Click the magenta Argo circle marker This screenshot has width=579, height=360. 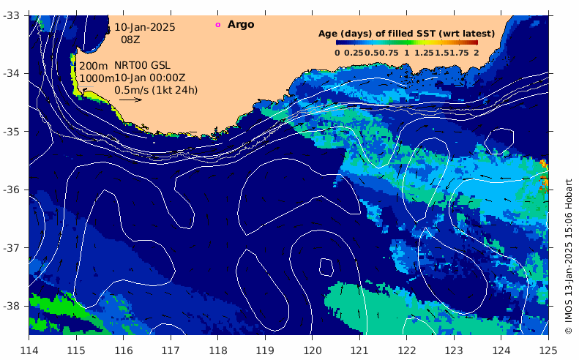click(217, 25)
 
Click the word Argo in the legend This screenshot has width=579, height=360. click(241, 25)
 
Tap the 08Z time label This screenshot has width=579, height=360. click(130, 40)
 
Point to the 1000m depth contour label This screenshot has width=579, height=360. click(96, 78)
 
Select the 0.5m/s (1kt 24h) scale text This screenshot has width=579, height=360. click(156, 90)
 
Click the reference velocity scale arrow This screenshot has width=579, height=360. click(130, 100)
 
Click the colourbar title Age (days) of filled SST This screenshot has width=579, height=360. click(406, 34)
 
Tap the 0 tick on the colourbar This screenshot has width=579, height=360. click(337, 53)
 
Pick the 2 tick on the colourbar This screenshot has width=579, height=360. click(476, 53)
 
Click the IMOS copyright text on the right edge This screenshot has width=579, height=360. click(569, 256)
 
